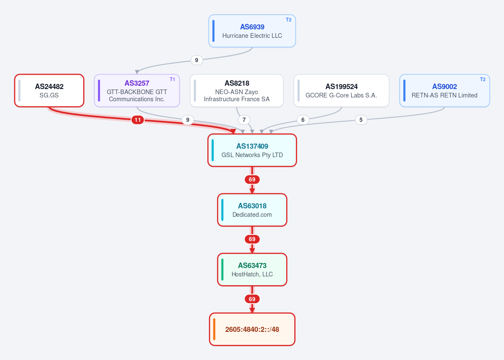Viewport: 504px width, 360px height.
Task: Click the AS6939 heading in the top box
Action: tap(252, 27)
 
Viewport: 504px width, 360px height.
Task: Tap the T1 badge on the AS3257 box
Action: tap(172, 79)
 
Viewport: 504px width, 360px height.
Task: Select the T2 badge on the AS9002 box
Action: tap(483, 79)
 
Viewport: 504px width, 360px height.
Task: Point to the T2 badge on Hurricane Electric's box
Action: tap(288, 20)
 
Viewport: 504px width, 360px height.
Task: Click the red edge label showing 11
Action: tap(137, 120)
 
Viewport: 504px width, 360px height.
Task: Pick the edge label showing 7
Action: tap(244, 120)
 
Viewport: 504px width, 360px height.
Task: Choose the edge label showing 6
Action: tap(303, 120)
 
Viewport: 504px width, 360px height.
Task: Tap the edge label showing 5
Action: tap(361, 120)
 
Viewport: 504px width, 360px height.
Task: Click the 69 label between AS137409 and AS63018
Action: tap(252, 179)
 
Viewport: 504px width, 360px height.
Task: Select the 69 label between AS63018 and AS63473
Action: tap(252, 239)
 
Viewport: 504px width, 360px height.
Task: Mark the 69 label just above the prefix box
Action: tap(252, 299)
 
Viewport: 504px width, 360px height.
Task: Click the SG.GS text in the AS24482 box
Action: tap(49, 95)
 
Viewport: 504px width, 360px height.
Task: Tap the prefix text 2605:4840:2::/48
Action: tap(252, 329)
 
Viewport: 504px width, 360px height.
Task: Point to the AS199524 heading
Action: tap(341, 87)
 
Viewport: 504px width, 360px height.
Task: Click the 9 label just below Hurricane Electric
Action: tap(197, 60)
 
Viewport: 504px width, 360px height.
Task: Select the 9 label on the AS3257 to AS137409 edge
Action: tap(188, 120)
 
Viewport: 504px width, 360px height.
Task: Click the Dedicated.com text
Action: tap(252, 215)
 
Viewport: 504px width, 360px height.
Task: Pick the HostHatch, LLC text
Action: tap(252, 274)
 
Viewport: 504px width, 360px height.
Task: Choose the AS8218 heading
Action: tap(237, 83)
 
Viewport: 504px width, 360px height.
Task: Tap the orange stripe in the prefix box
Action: tap(214, 329)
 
